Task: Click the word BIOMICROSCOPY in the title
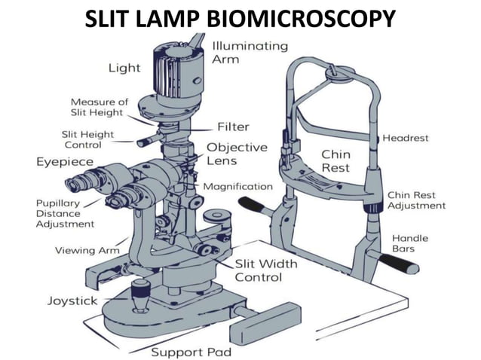302,19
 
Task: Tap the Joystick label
72,301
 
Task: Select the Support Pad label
191,352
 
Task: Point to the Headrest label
405,138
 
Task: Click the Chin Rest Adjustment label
416,200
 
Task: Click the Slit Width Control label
266,270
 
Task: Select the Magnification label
238,187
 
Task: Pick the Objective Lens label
237,154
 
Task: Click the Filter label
233,127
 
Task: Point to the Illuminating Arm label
250,53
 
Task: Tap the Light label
124,68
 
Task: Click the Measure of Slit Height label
100,107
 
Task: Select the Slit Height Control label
87,139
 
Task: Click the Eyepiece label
65,162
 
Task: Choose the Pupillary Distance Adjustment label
65,214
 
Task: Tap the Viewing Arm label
87,251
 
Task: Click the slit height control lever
149,140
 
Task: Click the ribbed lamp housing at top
178,72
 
